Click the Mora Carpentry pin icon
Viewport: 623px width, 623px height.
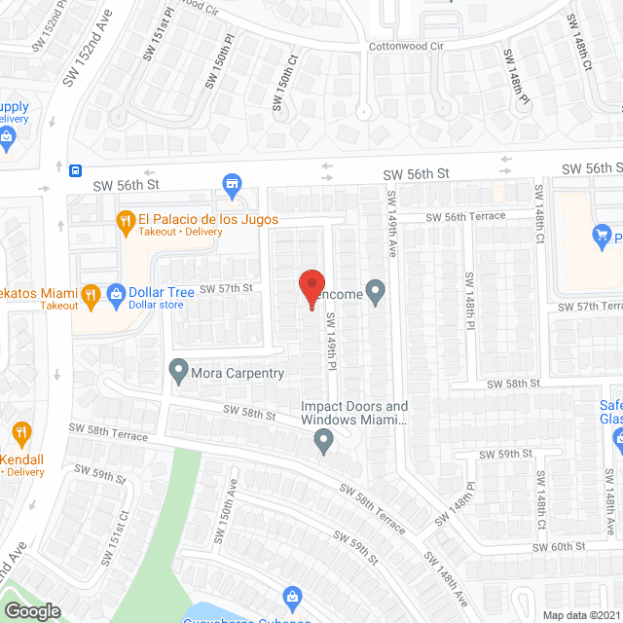point(178,370)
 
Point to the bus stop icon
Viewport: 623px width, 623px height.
point(75,171)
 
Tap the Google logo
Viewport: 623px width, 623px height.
point(32,611)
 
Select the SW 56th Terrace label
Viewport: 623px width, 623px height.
point(465,216)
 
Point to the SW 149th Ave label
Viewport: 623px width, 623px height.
point(392,223)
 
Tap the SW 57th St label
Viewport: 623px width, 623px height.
point(226,288)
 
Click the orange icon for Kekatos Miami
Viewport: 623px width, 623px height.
point(91,293)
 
